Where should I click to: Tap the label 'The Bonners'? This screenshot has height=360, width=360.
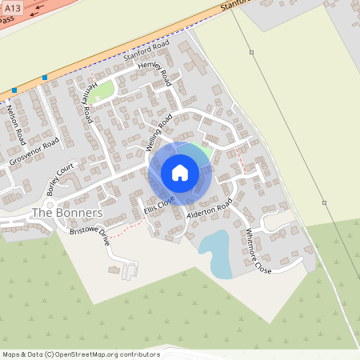pyautogui.click(x=66, y=213)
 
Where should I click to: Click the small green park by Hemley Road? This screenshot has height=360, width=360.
pyautogui.click(x=101, y=91)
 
